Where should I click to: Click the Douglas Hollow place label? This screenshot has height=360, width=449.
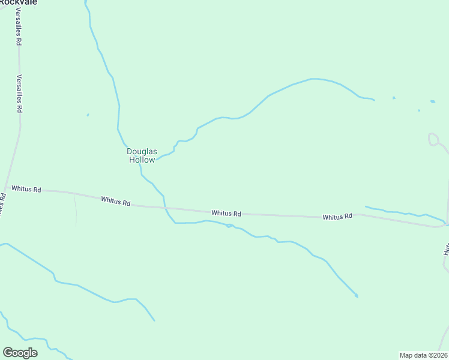coord(141,155)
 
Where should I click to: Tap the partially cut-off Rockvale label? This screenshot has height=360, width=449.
coord(19,2)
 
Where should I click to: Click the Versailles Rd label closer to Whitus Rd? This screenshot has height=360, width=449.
coord(19,94)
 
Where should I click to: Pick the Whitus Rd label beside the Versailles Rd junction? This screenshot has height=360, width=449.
coord(26,189)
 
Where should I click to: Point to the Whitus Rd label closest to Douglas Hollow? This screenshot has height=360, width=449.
coord(116,202)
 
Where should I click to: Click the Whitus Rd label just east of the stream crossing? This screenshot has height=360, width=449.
coord(226,213)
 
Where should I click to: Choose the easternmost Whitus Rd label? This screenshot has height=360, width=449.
coord(337,217)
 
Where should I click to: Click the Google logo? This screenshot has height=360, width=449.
coord(20,353)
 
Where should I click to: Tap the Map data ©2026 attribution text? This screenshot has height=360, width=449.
coord(423,355)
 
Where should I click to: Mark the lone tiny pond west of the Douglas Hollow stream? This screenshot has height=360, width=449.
coord(88,115)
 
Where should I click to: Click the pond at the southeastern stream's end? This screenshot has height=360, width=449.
coord(357,296)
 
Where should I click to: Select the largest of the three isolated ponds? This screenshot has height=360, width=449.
coord(432,101)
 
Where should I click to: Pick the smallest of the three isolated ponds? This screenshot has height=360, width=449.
coord(419,110)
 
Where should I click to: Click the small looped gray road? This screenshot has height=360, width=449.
coord(433,139)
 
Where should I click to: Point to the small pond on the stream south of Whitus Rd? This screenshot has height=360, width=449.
coord(229,226)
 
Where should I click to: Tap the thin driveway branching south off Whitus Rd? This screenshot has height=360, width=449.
coord(76,210)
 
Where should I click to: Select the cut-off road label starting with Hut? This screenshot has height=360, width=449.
coord(446,249)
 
